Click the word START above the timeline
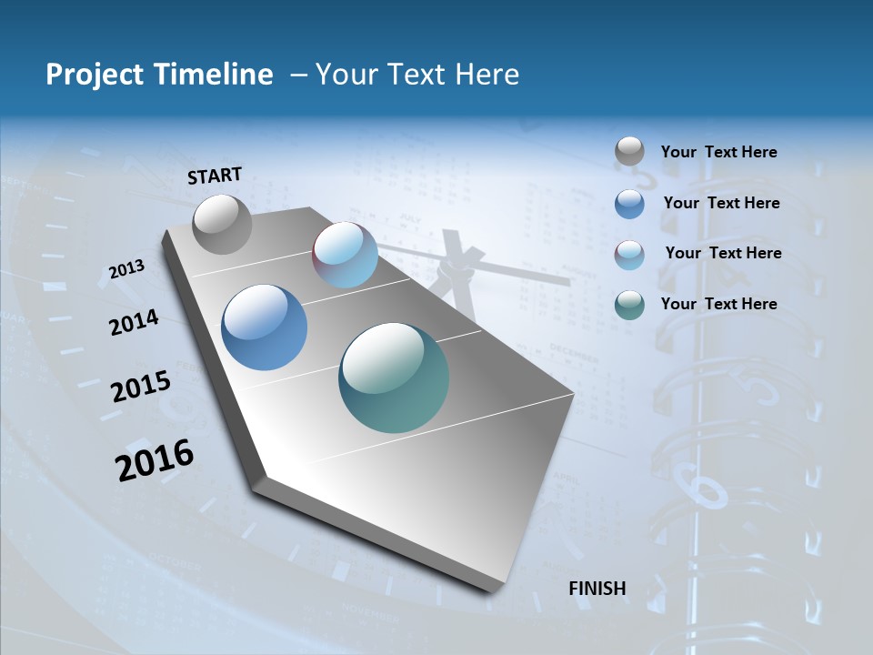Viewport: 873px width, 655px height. pos(215,175)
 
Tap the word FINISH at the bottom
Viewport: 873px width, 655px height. pos(597,589)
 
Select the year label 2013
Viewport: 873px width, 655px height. pos(127,268)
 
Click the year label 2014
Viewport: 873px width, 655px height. pos(135,322)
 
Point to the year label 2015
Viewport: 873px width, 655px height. pos(141,387)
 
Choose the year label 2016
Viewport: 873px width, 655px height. pos(155,459)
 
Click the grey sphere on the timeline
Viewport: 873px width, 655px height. pos(222,224)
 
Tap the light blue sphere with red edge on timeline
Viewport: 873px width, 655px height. pos(346,255)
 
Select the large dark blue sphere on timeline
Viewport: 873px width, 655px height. pos(265,327)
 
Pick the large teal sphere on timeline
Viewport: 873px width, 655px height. pos(394,378)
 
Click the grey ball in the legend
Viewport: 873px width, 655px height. pos(629,151)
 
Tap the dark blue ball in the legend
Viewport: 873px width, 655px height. pos(629,204)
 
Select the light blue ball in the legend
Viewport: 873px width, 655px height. pos(629,255)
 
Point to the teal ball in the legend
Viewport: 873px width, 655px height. pos(629,305)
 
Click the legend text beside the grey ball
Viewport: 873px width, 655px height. pos(718,152)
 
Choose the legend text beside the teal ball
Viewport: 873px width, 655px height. pos(718,304)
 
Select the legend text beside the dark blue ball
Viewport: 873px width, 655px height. pos(721,203)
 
